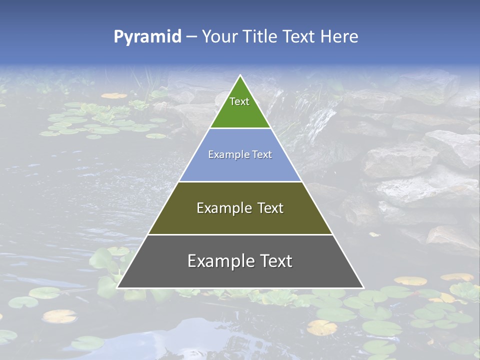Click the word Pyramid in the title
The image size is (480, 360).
tap(147, 37)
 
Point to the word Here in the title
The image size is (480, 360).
tap(339, 36)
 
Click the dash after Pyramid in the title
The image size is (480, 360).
tap(191, 37)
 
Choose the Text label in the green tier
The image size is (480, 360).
tap(239, 101)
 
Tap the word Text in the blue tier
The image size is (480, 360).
tap(261, 154)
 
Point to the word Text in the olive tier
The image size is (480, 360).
tap(270, 208)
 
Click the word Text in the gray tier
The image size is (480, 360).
tap(274, 261)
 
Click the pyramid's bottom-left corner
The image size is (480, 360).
tap(117, 287)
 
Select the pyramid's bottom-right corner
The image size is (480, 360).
tap(363, 287)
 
